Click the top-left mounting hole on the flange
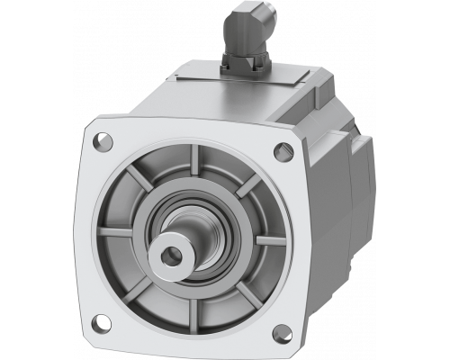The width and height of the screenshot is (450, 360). click(102, 140)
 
